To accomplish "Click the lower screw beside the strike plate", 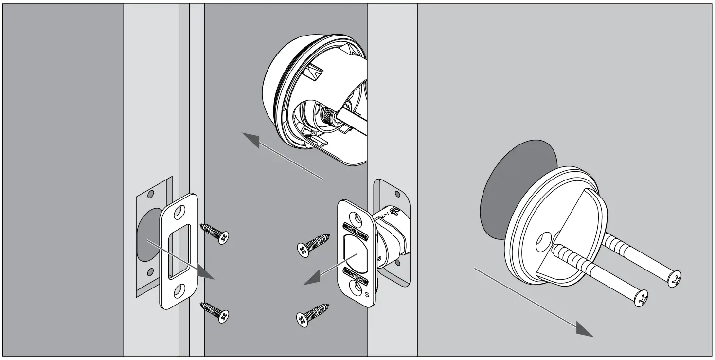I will (215, 311).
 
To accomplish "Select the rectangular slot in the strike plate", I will (174, 252).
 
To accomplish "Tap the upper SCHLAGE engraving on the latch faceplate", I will (356, 225).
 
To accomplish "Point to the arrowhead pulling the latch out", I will (309, 279).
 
